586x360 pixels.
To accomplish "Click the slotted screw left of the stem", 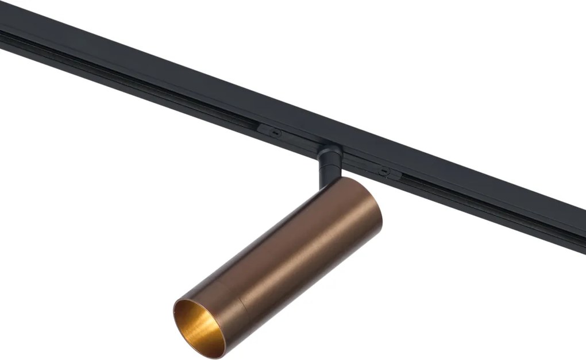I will click(x=276, y=133).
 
